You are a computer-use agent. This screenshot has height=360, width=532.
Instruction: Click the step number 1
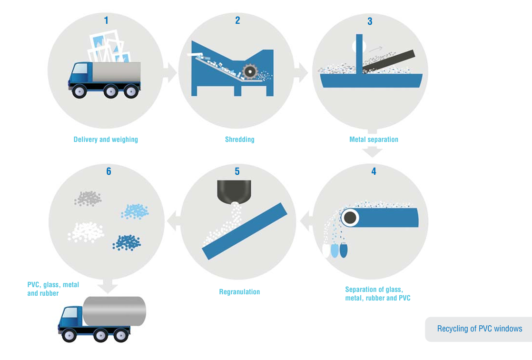point(106,20)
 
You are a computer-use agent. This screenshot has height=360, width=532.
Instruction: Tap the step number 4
point(374,171)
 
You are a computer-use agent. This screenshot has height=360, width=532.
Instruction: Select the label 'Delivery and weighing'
point(106,140)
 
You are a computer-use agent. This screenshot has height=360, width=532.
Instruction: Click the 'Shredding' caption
point(239,140)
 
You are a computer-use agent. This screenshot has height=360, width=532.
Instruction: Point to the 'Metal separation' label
point(374,140)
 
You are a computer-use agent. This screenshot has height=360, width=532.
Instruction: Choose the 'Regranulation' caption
point(239,291)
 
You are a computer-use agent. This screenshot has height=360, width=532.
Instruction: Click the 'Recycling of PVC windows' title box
point(479,329)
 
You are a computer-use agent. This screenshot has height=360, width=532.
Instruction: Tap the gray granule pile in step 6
point(88,198)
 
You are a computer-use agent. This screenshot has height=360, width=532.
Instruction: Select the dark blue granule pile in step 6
point(127,242)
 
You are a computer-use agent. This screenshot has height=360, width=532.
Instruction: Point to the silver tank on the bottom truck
point(114,311)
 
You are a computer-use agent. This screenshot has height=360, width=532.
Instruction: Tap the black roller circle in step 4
point(351,218)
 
